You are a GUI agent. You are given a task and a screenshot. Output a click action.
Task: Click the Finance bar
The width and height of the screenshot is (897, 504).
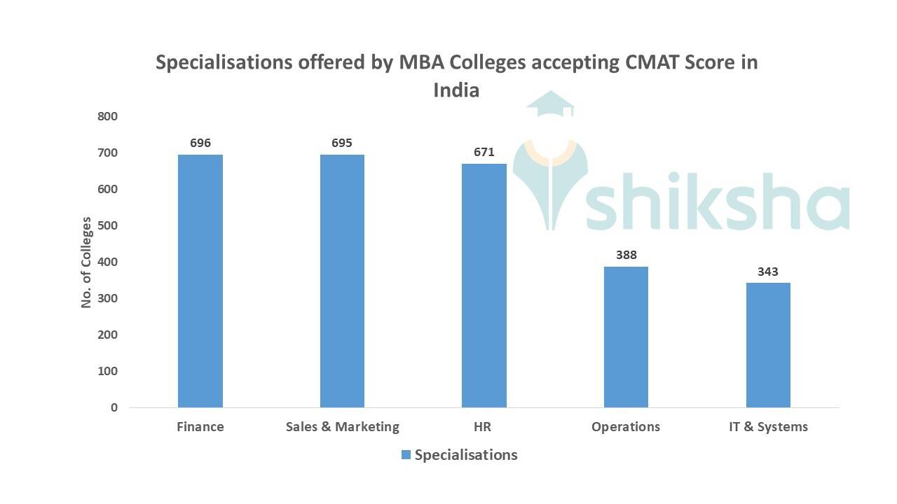200,281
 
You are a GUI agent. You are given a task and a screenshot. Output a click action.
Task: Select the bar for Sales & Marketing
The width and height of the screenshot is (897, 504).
342,281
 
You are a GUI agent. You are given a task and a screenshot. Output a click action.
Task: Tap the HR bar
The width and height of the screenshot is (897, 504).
484,286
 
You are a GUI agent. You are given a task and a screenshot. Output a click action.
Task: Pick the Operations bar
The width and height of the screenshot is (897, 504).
626,337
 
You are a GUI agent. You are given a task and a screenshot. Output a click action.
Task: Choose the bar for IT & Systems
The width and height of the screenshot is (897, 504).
768,345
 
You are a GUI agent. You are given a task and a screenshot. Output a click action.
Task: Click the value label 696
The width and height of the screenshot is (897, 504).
200,143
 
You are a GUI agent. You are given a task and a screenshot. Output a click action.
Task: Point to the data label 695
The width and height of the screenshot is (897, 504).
342,143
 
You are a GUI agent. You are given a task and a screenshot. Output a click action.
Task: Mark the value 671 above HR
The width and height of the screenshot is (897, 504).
484,152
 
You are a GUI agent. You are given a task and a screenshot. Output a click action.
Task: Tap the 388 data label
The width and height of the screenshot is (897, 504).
626,255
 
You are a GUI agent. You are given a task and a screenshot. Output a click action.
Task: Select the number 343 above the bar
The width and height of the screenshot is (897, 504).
768,272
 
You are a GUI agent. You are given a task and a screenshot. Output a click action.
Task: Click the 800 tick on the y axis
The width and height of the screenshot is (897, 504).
108,116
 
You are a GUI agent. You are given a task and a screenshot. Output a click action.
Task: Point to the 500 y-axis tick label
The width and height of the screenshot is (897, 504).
108,225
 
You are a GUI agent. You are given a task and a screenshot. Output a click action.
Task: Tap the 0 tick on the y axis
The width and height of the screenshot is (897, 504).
114,407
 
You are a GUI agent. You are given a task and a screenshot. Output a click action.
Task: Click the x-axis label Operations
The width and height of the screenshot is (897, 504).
626,427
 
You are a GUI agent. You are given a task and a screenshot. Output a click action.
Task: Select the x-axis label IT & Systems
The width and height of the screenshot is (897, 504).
768,427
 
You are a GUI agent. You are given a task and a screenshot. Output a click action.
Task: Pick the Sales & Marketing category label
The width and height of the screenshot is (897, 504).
342,427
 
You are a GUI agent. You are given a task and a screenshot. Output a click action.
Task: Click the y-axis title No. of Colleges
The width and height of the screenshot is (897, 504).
87,262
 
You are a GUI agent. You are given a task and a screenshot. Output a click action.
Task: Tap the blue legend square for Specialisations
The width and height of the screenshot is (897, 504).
406,455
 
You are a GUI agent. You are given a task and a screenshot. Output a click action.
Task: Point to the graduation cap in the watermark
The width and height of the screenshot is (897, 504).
551,105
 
